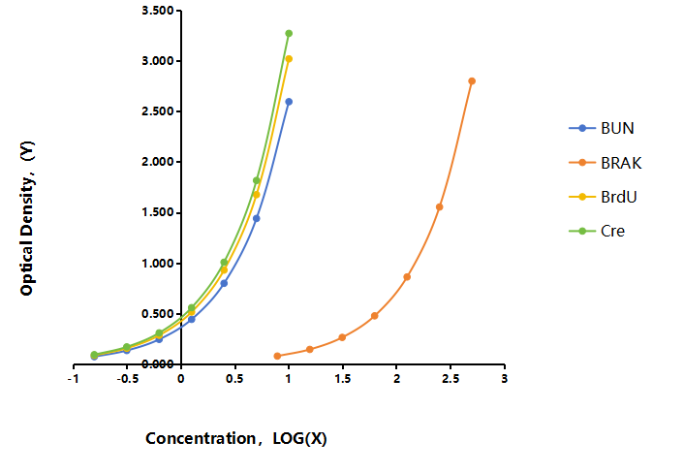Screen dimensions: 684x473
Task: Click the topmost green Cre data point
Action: (x=289, y=34)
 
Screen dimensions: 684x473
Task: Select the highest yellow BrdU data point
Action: (x=289, y=59)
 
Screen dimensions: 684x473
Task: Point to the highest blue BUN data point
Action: (x=289, y=102)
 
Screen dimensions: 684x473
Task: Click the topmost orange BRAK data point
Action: (x=472, y=81)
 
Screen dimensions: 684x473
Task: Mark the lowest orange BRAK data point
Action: (x=277, y=356)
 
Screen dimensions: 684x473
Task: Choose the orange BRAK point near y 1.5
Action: (x=439, y=206)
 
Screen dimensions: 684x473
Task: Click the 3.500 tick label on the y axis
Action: (x=158, y=11)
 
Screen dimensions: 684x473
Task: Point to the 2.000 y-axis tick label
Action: (x=158, y=162)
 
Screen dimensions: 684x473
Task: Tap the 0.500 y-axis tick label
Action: (x=158, y=314)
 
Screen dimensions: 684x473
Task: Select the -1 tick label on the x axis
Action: (x=74, y=379)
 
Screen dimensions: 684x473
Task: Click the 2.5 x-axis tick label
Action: (x=451, y=379)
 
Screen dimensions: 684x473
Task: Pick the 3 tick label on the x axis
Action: (x=504, y=379)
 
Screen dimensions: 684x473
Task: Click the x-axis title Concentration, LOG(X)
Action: (x=236, y=438)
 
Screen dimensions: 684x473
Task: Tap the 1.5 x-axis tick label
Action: (x=342, y=379)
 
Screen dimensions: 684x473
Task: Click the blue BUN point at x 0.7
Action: (x=257, y=218)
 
